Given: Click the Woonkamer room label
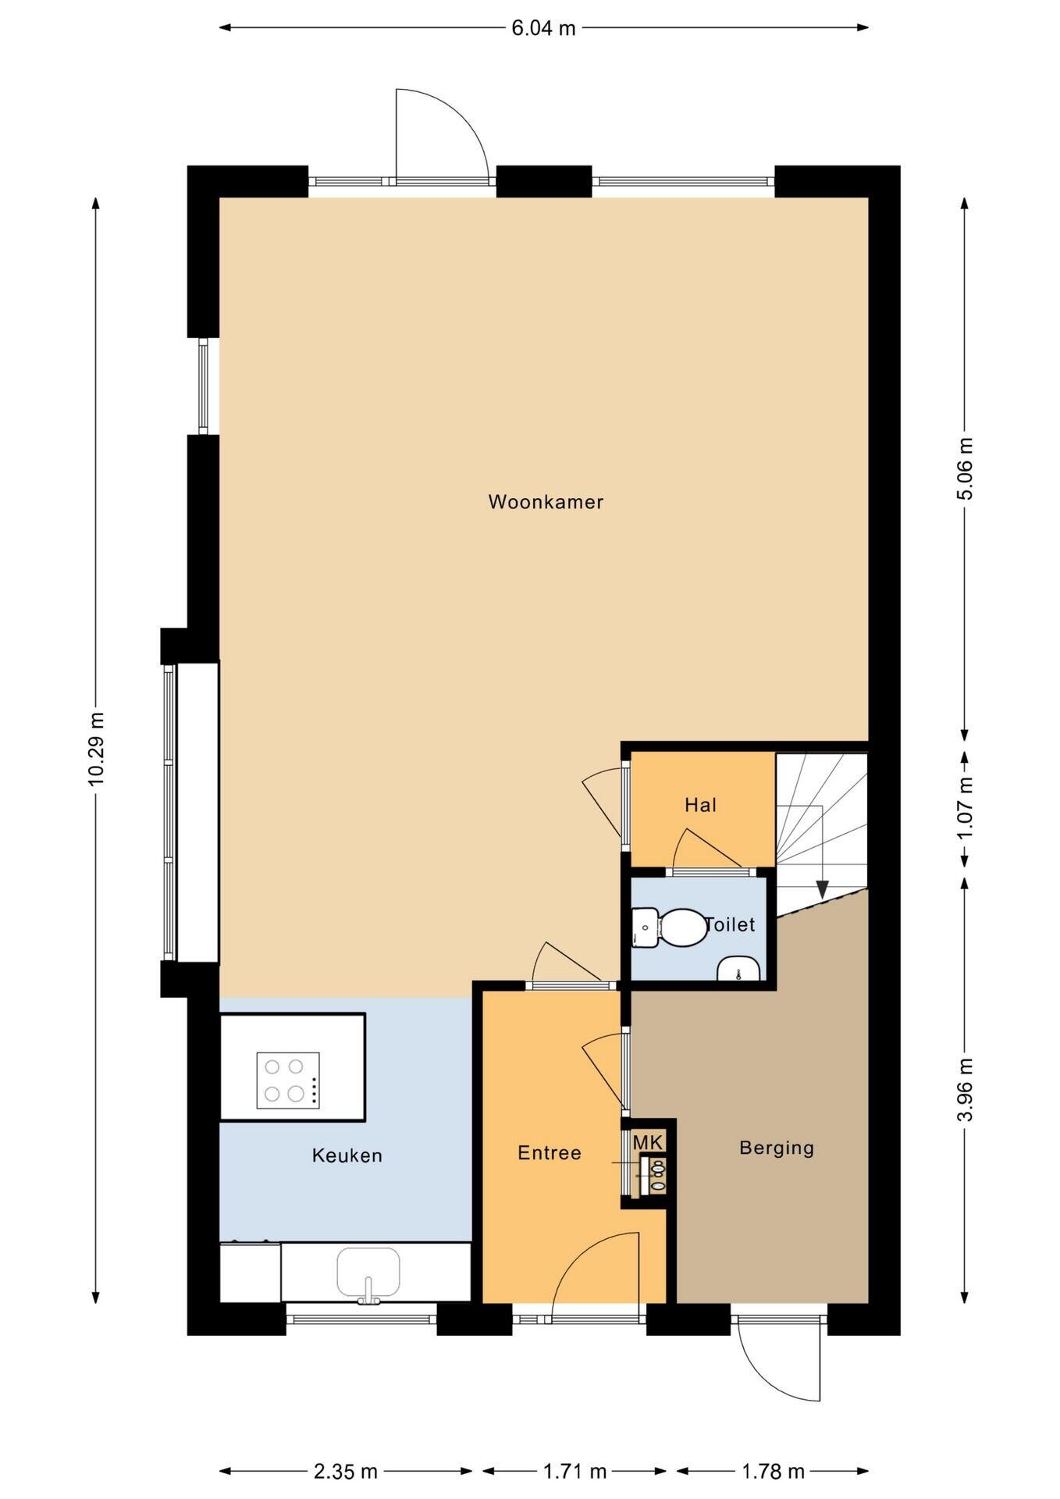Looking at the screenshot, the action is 546,502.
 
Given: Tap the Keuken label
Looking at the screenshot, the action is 347,1155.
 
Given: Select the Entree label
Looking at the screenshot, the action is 550,1153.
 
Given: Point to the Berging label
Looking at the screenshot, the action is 777,1148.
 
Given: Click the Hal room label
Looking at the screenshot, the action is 701,805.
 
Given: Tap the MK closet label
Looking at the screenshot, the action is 648,1143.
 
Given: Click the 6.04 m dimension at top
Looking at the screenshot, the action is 544,28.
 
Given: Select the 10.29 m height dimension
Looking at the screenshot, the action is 96,749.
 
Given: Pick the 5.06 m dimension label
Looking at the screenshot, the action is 966,468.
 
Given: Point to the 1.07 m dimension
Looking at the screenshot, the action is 966,808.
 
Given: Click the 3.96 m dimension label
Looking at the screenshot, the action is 966,1090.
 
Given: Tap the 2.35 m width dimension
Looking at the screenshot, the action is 346,1472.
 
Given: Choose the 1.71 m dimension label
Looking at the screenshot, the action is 574,1472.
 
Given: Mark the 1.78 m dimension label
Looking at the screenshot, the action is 773,1472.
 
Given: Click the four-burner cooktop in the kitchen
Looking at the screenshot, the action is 288,1080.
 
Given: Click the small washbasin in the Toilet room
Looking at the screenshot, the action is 738,968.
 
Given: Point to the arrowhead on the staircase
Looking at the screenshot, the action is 821,889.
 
